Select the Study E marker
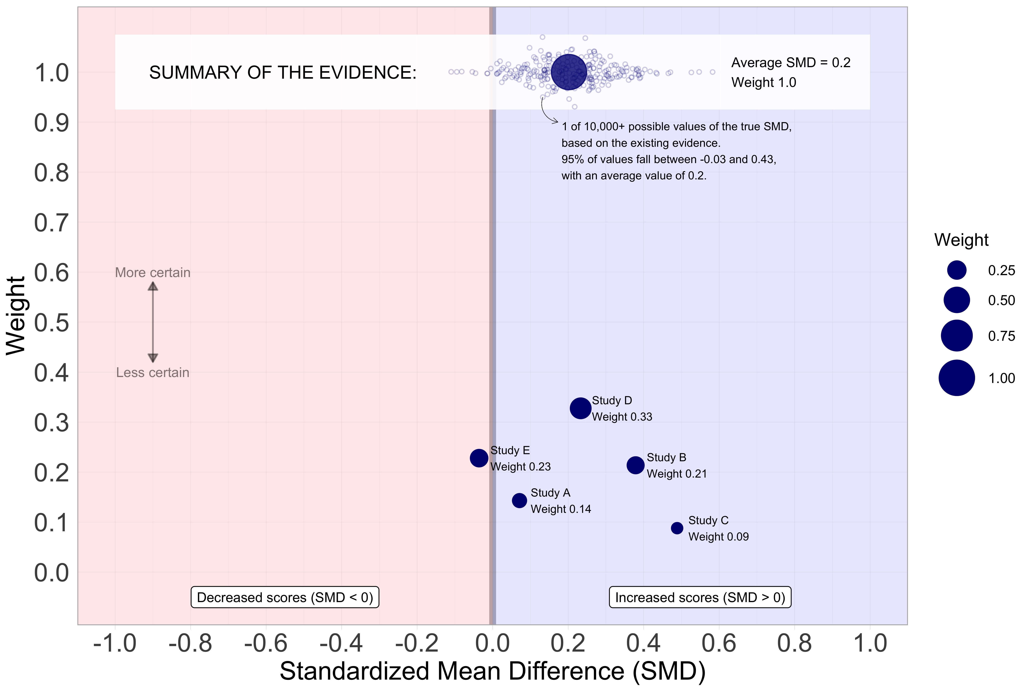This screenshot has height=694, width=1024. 479,458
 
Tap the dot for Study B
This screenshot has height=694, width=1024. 635,465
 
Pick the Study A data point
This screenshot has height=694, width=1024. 520,501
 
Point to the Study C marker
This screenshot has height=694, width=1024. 677,528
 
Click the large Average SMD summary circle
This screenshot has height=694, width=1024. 569,72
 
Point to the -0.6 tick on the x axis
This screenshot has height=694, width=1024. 266,643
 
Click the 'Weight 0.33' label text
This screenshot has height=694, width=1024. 622,417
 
